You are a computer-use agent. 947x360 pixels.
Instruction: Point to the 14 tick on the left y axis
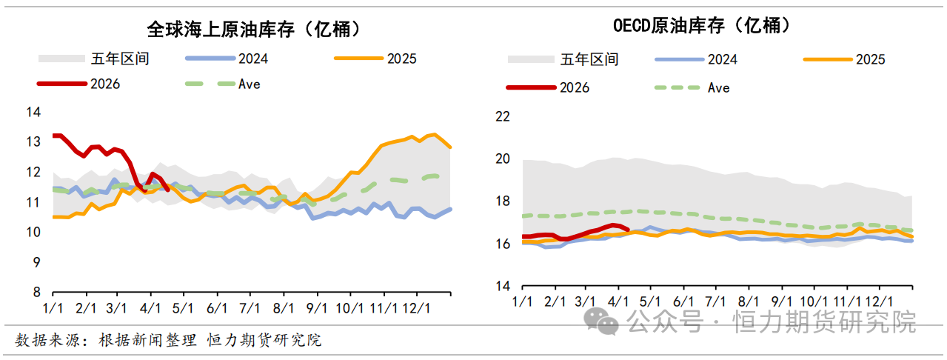coord(33,112)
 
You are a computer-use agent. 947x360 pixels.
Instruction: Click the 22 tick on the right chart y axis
coord(503,116)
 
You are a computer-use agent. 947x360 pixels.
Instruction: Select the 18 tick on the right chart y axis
coord(503,201)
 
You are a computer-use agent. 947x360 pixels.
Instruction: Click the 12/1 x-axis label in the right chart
coord(879,302)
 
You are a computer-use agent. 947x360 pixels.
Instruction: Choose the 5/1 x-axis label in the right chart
coord(649,302)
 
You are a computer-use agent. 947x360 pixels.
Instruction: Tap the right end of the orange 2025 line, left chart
coord(450,147)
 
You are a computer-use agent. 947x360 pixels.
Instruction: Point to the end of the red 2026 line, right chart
coord(628,228)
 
